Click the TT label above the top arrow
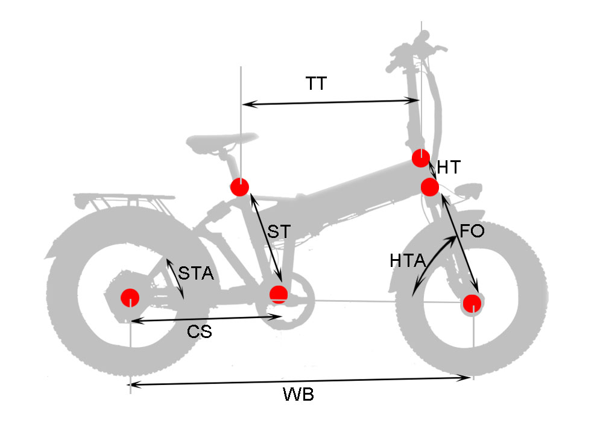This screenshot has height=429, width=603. coord(316,84)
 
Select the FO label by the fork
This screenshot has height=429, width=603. coord(472,231)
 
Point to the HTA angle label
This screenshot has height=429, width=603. coord(408,260)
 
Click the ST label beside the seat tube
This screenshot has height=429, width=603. coord(278,231)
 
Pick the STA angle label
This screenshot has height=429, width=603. coord(195,274)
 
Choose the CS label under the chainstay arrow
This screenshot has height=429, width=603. coord(199,331)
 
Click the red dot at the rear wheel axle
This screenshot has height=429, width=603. coord(130,297)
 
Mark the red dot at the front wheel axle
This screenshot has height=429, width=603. coord(472,302)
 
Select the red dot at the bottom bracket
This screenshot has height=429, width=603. coord(278,293)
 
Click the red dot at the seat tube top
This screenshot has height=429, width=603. coord(239,187)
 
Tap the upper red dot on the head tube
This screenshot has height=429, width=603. coord(420,158)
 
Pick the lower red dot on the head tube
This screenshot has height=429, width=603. coord(429,187)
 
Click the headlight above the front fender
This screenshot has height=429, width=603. coord(467,192)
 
